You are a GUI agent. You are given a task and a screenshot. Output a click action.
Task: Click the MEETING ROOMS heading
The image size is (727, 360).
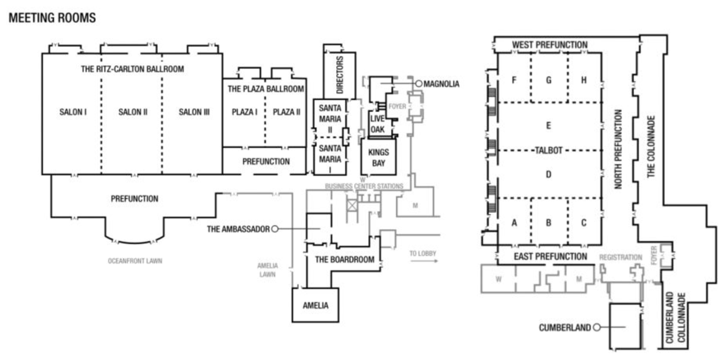[52, 18]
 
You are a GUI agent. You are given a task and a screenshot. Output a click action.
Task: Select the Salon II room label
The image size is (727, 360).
[133, 112]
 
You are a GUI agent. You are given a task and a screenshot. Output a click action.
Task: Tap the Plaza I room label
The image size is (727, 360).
[244, 112]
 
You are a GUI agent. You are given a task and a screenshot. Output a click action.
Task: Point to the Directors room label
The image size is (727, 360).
[339, 75]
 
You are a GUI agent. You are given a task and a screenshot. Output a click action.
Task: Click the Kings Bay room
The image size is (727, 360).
[378, 157]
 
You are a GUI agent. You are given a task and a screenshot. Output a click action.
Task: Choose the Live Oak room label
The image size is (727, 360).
[377, 124]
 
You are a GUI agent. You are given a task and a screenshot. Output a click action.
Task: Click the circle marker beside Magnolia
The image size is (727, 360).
[418, 83]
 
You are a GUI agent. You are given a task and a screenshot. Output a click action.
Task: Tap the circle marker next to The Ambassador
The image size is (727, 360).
[275, 229]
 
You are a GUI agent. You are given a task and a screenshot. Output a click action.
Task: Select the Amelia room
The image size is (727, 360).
[315, 305]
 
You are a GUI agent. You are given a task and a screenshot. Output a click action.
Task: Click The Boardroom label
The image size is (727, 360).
[344, 260]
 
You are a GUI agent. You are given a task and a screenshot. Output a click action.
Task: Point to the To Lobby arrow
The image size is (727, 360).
[424, 261]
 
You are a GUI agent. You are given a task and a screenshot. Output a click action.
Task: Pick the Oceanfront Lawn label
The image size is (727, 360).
[135, 261]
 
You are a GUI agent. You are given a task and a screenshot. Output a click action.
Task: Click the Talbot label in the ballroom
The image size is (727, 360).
[548, 150]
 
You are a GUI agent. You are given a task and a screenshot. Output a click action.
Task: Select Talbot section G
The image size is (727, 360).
[549, 80]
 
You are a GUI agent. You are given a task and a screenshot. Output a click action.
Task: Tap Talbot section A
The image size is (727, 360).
[514, 223]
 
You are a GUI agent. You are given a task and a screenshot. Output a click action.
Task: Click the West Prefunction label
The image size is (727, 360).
[549, 45]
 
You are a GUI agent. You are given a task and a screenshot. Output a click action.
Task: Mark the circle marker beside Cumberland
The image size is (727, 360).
[597, 327]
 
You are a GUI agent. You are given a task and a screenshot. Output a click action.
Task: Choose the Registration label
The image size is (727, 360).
[621, 258]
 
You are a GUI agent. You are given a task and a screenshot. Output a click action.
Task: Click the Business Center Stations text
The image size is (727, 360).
[364, 186]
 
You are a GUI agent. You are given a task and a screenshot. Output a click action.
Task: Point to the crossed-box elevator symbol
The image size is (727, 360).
[352, 206]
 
